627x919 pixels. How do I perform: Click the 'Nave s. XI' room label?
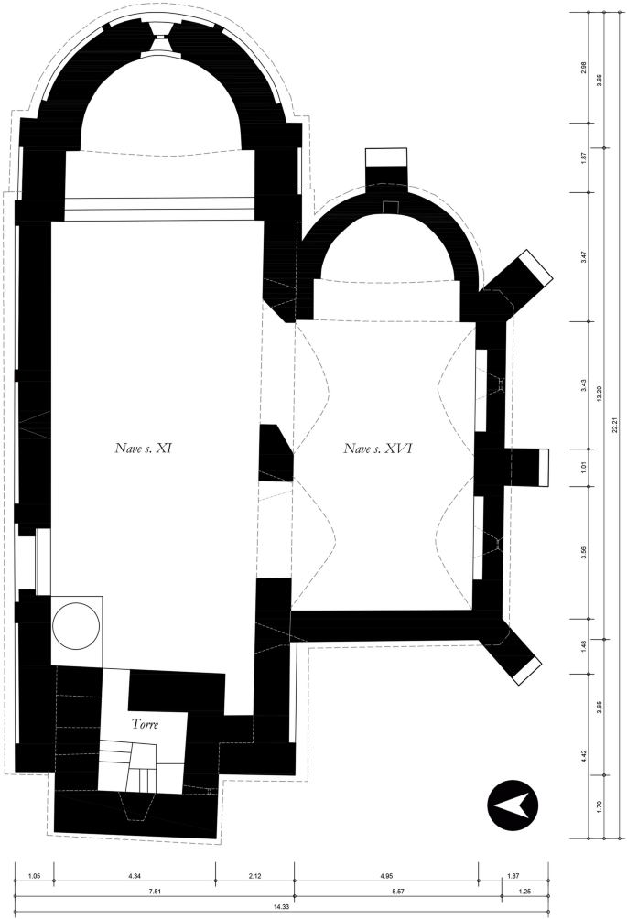pos(137,449)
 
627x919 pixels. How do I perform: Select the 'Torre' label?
pos(145,724)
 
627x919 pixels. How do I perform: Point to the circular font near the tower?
pos(75,625)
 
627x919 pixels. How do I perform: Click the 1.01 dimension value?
pos(583,467)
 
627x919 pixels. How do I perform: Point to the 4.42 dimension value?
pos(583,756)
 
